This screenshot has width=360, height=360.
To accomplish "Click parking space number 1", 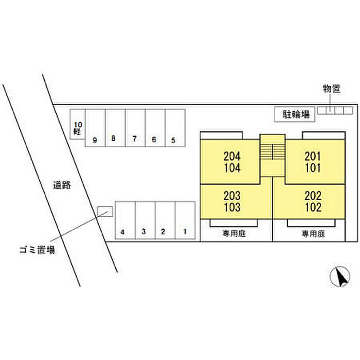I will tap(185, 221).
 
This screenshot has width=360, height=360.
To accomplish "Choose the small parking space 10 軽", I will tap(77, 128).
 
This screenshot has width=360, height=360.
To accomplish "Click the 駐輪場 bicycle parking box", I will tap(294, 114).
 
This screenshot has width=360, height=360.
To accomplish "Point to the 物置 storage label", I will tap(331, 89).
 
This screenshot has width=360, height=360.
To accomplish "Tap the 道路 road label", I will tap(62, 185).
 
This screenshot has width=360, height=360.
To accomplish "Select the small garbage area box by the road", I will tap(105, 211).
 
